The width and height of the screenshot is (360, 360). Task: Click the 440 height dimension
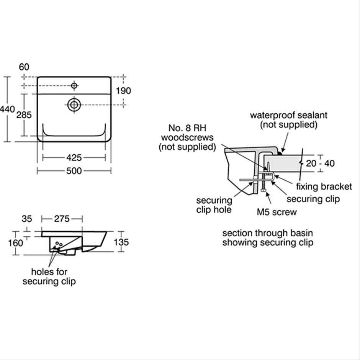(7, 109)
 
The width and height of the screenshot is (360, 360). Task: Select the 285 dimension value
(24, 115)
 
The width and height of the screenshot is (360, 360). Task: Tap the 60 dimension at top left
(24, 67)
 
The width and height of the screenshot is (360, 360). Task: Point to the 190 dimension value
(123, 91)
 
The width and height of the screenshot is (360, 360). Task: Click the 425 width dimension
(74, 157)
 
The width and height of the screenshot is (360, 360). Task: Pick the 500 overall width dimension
(74, 171)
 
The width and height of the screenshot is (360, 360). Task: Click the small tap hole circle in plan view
(74, 86)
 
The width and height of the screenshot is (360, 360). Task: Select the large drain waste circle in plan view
(74, 105)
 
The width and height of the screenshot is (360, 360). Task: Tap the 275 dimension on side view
(62, 219)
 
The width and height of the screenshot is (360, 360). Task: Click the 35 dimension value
(27, 219)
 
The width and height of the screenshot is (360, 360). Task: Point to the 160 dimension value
(15, 243)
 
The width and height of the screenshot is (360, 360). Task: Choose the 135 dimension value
(121, 242)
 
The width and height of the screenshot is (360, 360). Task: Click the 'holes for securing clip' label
(49, 277)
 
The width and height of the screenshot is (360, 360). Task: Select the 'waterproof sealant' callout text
(289, 115)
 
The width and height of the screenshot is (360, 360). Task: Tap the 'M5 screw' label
(277, 212)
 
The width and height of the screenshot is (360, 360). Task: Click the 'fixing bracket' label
(324, 187)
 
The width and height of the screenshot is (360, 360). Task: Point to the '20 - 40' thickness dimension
(320, 163)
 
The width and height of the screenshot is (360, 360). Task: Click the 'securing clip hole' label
(214, 205)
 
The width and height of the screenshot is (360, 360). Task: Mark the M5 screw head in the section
(264, 190)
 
